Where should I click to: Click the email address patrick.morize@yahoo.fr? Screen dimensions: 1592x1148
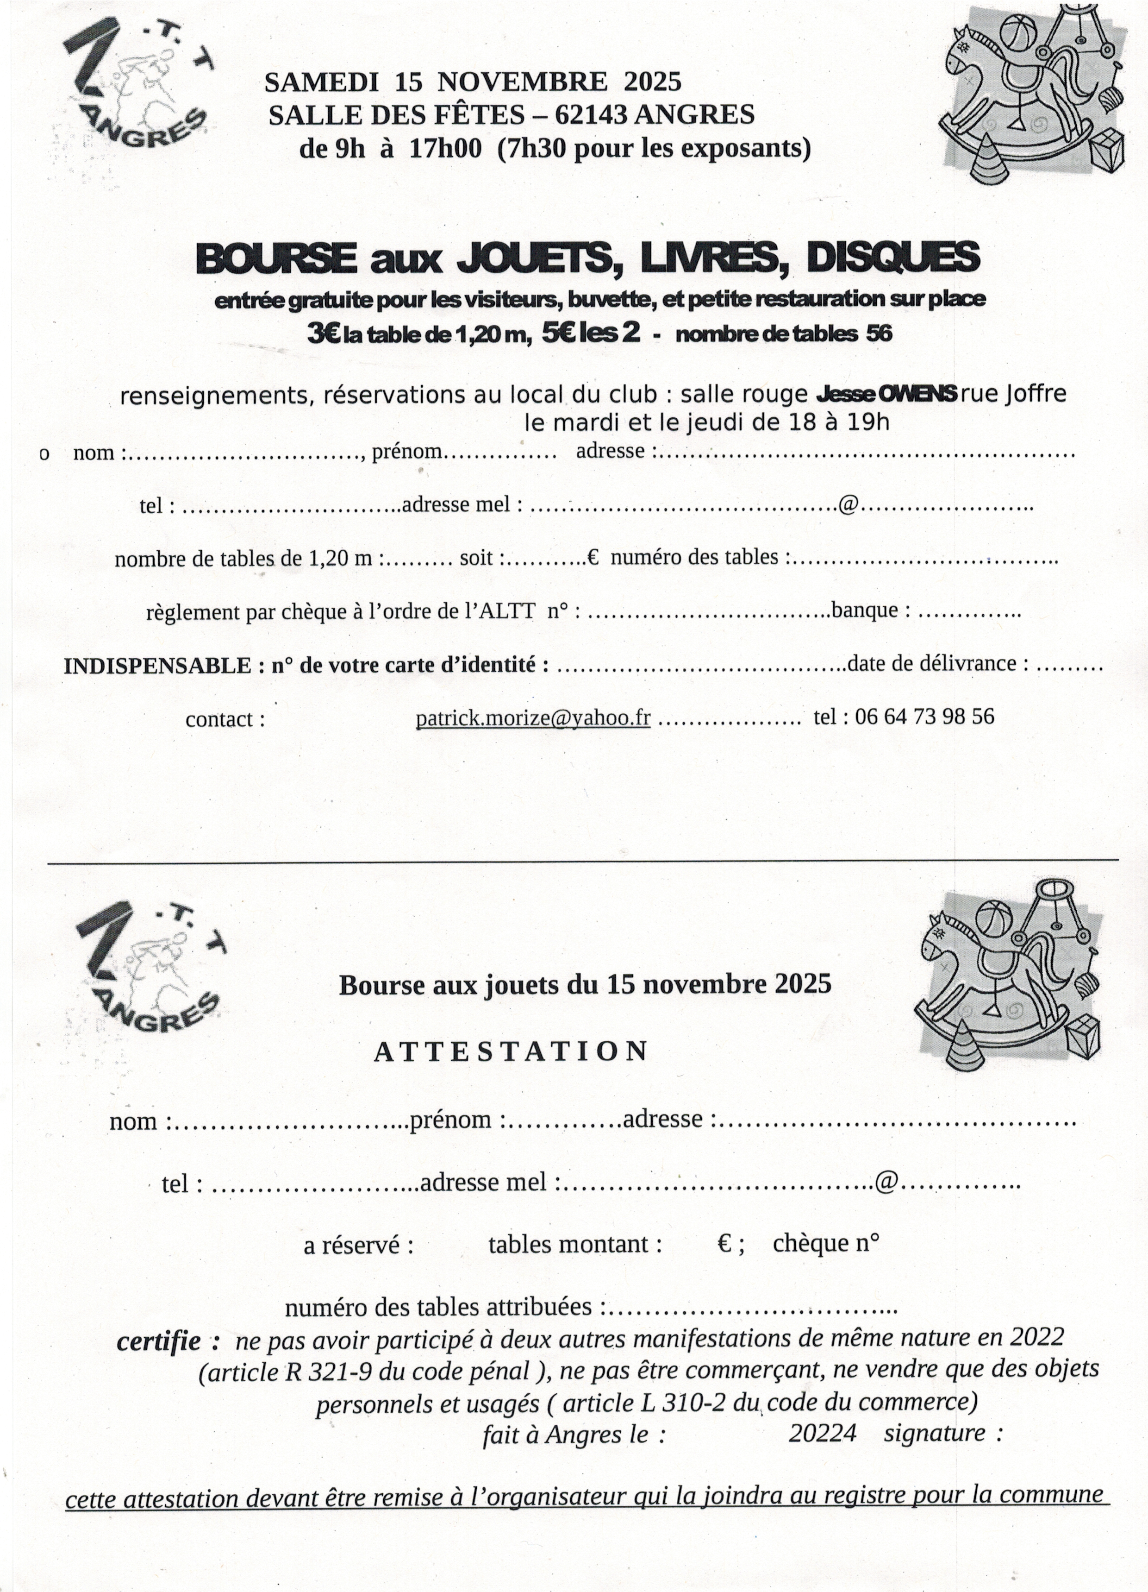click(x=533, y=717)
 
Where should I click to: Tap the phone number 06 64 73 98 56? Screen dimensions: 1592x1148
click(x=923, y=716)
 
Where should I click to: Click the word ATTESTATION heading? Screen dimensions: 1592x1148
click(x=511, y=1051)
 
